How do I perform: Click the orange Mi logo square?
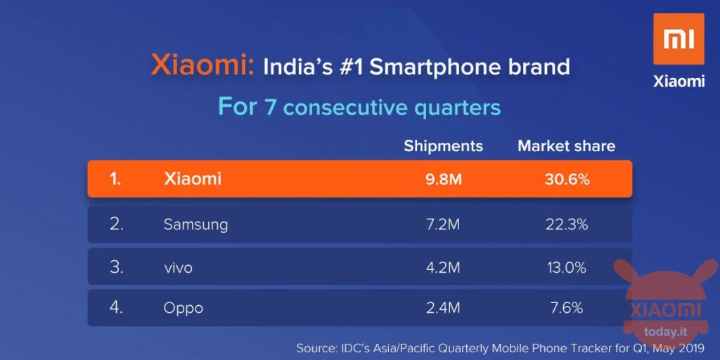click(x=679, y=39)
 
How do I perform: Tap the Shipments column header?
click(x=443, y=146)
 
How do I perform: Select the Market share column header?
click(x=566, y=146)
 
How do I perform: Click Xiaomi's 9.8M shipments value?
click(x=443, y=179)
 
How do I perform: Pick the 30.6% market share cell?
click(x=567, y=179)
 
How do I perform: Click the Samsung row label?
click(x=195, y=224)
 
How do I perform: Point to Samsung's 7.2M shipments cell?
click(x=443, y=224)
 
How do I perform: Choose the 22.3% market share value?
click(x=566, y=224)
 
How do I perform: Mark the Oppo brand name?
click(x=184, y=309)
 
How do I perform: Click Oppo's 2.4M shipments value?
click(x=443, y=308)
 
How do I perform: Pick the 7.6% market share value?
click(x=567, y=308)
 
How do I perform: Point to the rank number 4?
click(x=117, y=308)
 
